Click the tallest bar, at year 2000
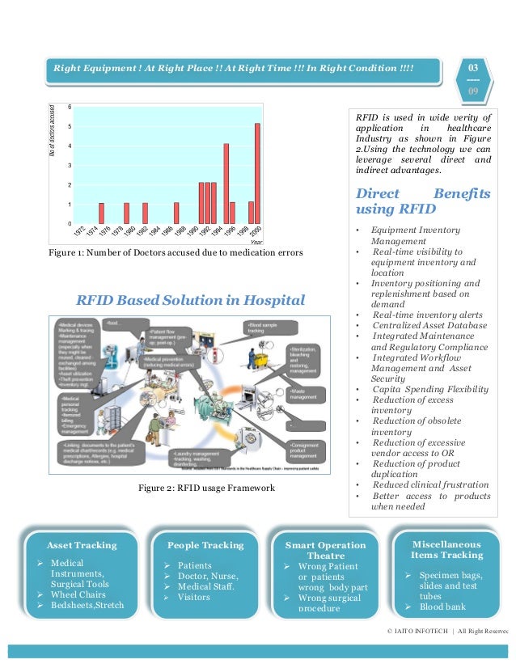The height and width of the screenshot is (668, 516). coord(257,173)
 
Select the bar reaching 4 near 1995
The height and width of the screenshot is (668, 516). coord(226,184)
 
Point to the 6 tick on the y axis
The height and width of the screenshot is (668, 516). coord(70,107)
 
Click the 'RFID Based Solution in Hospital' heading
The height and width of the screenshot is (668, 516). coord(190,301)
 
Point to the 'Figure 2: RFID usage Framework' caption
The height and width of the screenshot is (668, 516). coord(206,488)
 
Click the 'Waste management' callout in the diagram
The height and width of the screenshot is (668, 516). coord(304,394)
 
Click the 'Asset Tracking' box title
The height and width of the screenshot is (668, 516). coord(82,545)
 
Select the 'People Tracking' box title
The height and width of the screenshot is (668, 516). coord(205,545)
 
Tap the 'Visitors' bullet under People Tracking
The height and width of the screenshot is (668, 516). coord(193,598)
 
